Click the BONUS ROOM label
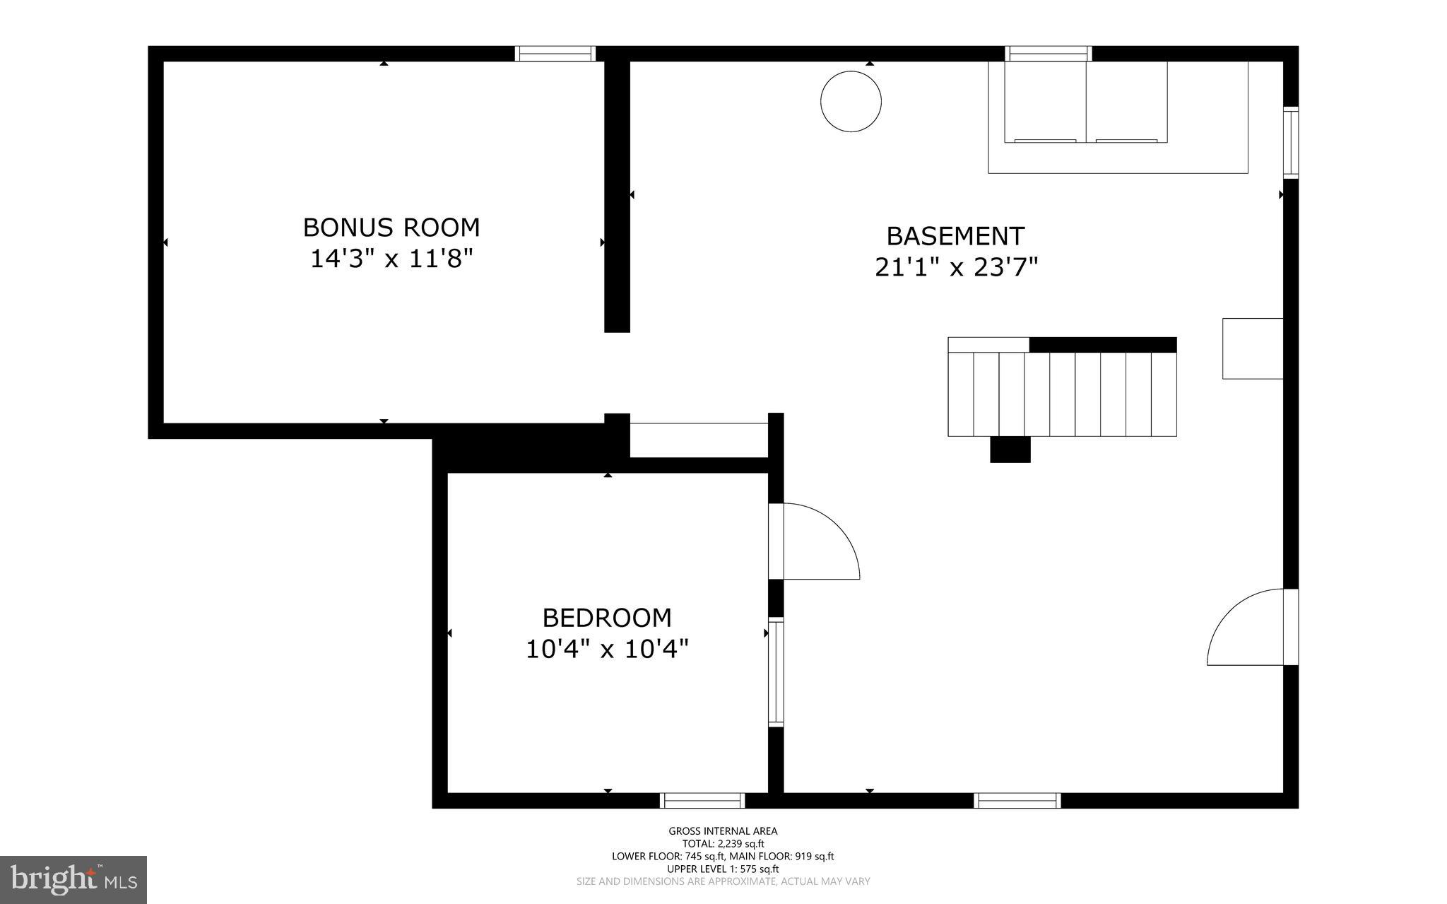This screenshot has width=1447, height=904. (x=391, y=228)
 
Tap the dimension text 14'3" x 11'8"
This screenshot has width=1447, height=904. (x=391, y=259)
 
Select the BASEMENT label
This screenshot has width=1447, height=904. (x=955, y=235)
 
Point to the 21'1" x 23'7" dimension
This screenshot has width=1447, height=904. (x=956, y=267)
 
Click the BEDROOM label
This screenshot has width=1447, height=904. (x=606, y=618)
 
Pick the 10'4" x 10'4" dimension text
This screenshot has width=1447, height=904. (x=606, y=649)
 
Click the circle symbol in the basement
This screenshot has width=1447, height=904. (x=851, y=101)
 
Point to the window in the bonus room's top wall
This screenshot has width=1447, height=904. (x=555, y=54)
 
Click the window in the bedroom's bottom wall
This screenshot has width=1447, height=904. (x=702, y=800)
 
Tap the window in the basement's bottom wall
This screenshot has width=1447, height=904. (x=1017, y=800)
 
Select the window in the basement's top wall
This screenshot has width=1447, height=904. (x=1049, y=54)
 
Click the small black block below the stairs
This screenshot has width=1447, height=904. (x=1010, y=450)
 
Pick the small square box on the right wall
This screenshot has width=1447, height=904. (x=1253, y=348)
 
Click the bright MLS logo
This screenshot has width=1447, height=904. (x=73, y=880)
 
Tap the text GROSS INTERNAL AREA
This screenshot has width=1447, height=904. (x=723, y=831)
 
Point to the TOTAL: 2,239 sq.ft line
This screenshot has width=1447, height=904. (x=723, y=843)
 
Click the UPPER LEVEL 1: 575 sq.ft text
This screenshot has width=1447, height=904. (x=723, y=869)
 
